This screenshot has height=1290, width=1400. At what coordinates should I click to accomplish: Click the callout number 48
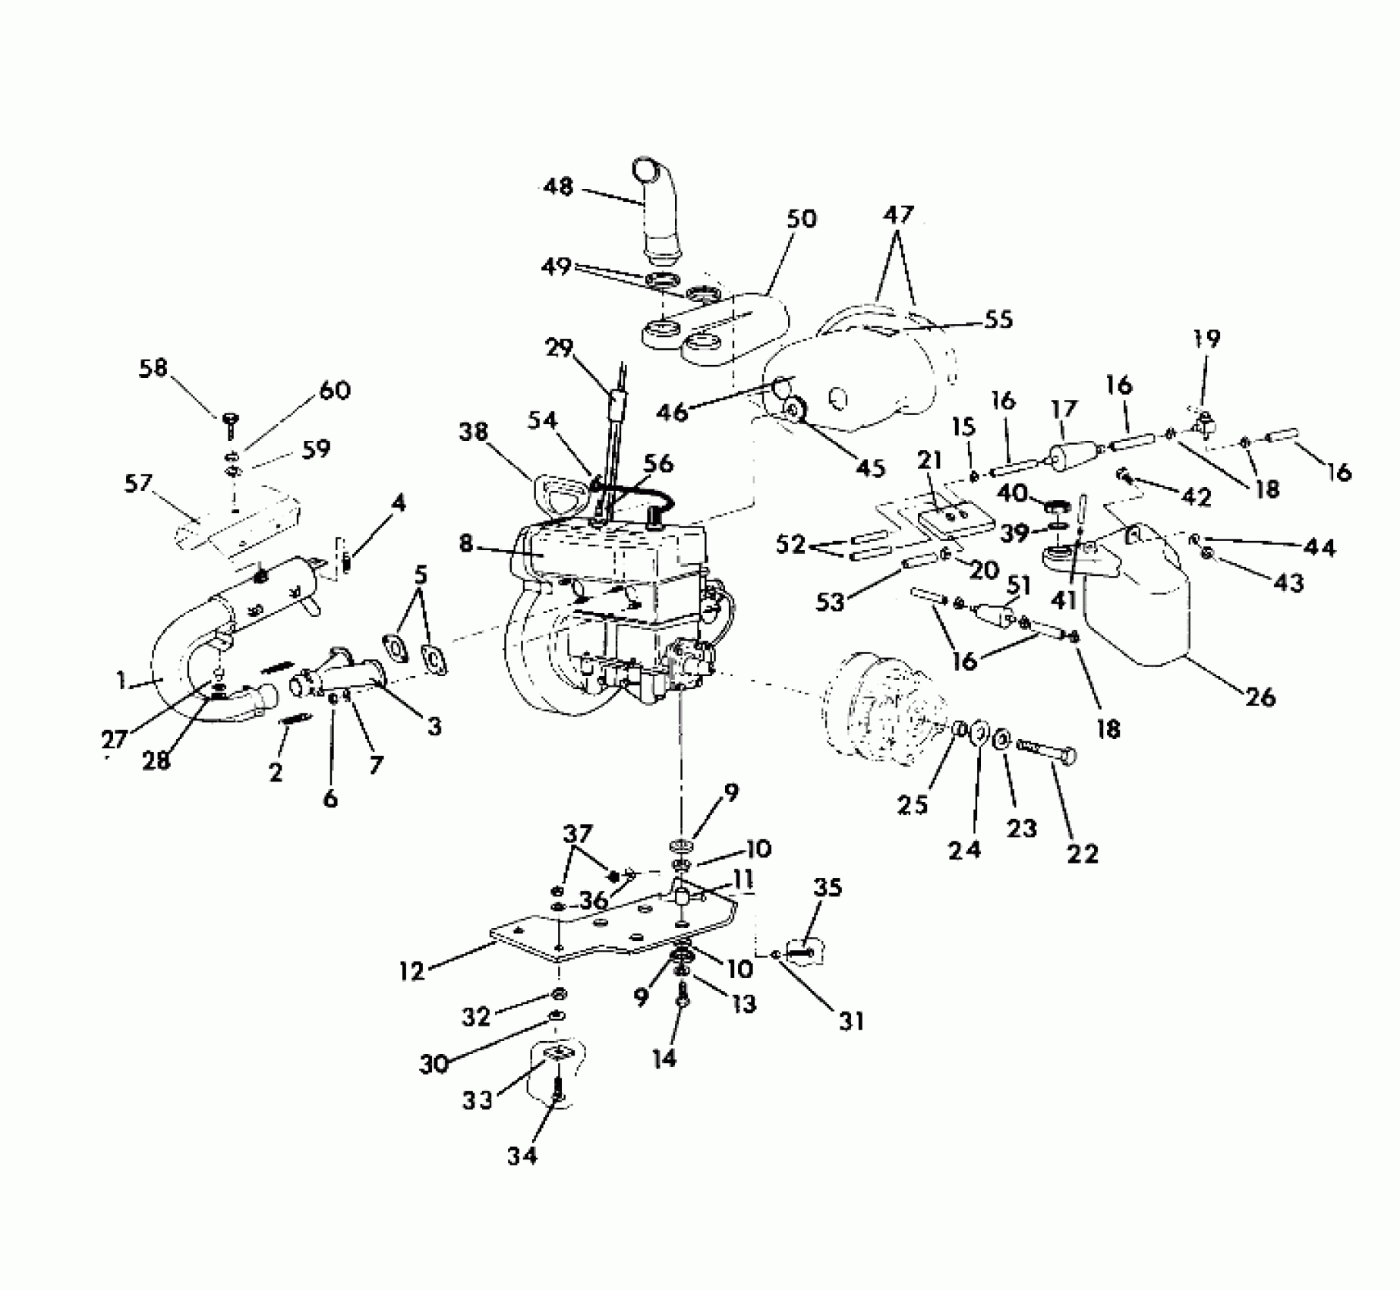[559, 187]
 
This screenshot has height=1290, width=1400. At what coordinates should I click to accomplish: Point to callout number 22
[1082, 854]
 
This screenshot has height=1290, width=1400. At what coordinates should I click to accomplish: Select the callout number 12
[412, 971]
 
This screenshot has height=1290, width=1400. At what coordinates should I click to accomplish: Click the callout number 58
[153, 369]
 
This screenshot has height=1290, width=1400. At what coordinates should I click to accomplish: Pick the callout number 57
[138, 484]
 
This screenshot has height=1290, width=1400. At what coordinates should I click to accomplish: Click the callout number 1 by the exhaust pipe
[121, 681]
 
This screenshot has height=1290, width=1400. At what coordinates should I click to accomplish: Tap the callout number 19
[1206, 338]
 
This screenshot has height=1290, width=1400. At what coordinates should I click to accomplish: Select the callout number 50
[801, 220]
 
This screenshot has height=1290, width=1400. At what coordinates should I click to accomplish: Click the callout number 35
[828, 888]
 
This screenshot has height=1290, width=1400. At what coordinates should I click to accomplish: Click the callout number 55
[999, 319]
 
